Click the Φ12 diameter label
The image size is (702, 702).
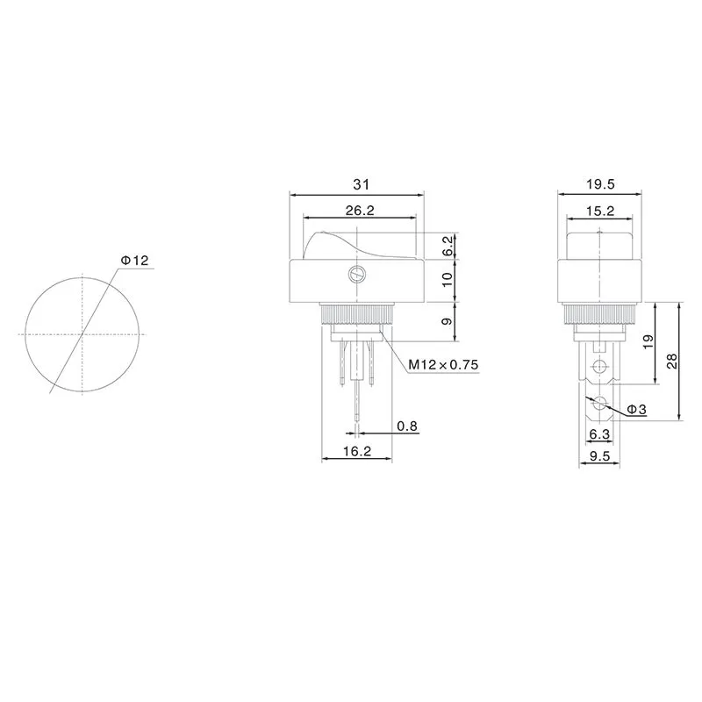(135, 261)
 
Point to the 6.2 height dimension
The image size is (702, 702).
(448, 246)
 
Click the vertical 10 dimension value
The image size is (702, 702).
(448, 280)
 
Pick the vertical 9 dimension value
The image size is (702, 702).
(448, 322)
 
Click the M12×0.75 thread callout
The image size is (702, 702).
(443, 366)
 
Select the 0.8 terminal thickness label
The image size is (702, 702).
(407, 426)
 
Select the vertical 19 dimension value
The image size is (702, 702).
(648, 342)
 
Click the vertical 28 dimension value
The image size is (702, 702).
(672, 361)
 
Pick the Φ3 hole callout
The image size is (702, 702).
(637, 410)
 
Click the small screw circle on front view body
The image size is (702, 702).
(356, 274)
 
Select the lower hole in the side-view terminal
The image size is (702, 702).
(600, 405)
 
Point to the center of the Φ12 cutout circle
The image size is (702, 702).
(83, 334)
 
